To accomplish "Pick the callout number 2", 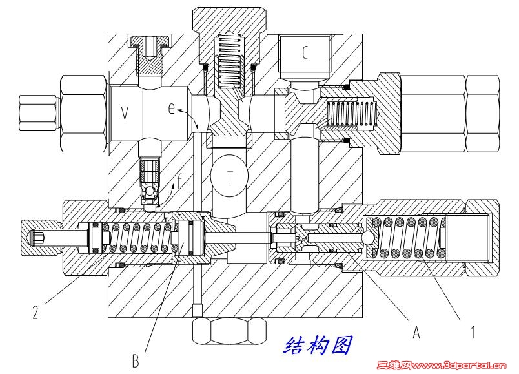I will click(37, 315).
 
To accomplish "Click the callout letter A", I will click(416, 333).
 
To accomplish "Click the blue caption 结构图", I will click(318, 346).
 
